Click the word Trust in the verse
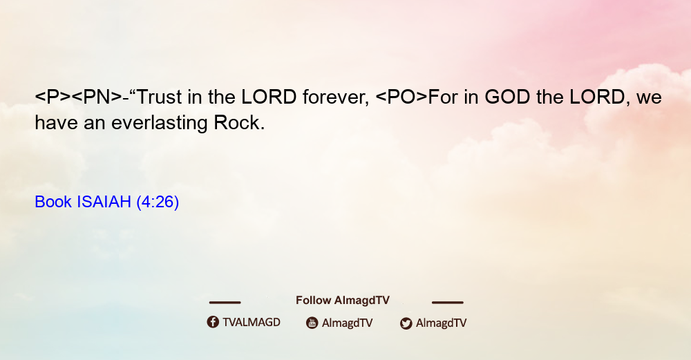(160, 97)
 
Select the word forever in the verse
(336, 97)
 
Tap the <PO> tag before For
(401, 97)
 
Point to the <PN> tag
(97, 97)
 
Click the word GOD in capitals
(507, 97)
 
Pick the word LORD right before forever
(269, 97)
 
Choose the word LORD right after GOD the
(598, 97)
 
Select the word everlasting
(159, 124)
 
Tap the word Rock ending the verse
(239, 123)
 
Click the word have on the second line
(56, 123)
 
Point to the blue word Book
(53, 202)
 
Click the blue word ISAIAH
(104, 202)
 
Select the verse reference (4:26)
(158, 202)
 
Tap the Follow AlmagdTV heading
(343, 301)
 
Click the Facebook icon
(213, 322)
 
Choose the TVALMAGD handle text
(252, 323)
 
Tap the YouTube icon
(312, 323)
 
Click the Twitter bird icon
(406, 323)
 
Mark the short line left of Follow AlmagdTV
(225, 303)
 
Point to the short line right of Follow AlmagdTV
(448, 303)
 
